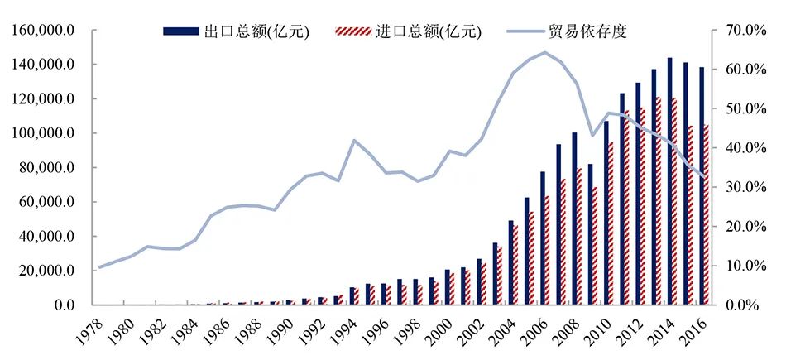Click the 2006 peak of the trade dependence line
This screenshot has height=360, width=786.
(544, 52)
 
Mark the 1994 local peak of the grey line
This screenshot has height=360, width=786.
(354, 140)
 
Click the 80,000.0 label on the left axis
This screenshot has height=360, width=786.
(46, 168)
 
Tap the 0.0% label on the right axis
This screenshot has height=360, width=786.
(741, 305)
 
